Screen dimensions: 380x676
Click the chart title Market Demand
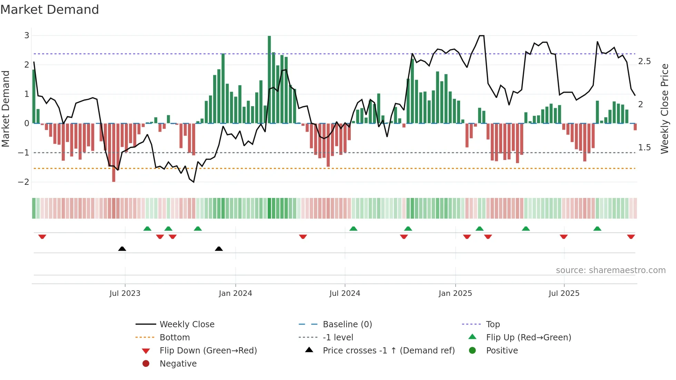click(50, 10)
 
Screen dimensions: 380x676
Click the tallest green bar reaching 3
click(269, 79)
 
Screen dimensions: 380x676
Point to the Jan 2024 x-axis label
click(235, 293)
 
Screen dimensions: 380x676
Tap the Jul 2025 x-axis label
click(564, 293)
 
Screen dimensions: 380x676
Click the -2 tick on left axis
click(24, 182)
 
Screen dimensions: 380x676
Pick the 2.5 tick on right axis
click(644, 61)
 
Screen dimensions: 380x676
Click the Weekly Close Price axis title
click(664, 109)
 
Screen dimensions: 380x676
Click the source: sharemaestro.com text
click(610, 270)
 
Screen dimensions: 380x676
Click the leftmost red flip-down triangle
click(42, 237)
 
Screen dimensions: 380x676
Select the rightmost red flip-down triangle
click(631, 237)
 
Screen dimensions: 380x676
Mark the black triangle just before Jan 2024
click(219, 249)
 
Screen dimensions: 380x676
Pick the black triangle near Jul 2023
click(122, 249)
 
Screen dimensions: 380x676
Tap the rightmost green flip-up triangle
click(597, 229)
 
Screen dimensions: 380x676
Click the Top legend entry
click(493, 324)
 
